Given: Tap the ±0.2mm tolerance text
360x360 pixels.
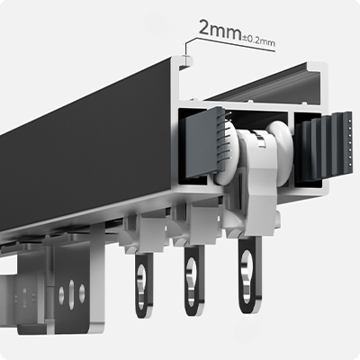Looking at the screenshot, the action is pyautogui.click(x=258, y=41).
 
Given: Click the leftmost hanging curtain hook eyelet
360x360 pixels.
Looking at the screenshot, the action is pyautogui.click(x=144, y=285).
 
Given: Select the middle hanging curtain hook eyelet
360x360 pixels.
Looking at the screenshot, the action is pyautogui.click(x=194, y=281).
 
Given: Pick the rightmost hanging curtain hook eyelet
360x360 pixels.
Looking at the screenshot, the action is pyautogui.click(x=250, y=275).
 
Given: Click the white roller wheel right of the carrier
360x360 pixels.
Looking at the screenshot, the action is pyautogui.click(x=280, y=150).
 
